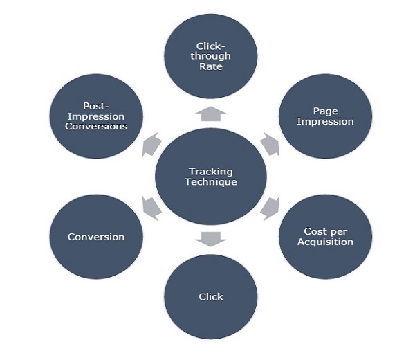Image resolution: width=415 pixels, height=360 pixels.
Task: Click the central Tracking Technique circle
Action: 211,176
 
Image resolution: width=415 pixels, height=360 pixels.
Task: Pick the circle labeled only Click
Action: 211,296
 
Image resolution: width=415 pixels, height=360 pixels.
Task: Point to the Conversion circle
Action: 96,237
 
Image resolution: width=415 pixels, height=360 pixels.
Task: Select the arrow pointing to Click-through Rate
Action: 211,113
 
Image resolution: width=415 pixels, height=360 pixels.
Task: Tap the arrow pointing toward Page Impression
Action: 270,144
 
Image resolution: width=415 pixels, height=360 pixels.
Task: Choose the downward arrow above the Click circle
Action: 211,239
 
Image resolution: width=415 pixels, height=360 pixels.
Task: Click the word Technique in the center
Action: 211,182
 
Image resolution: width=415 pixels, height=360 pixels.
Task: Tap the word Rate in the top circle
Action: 212,67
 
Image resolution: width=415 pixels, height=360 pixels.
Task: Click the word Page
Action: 324,110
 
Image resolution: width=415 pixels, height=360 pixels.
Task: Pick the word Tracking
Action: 211,171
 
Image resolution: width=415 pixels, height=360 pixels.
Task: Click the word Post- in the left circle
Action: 96,107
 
